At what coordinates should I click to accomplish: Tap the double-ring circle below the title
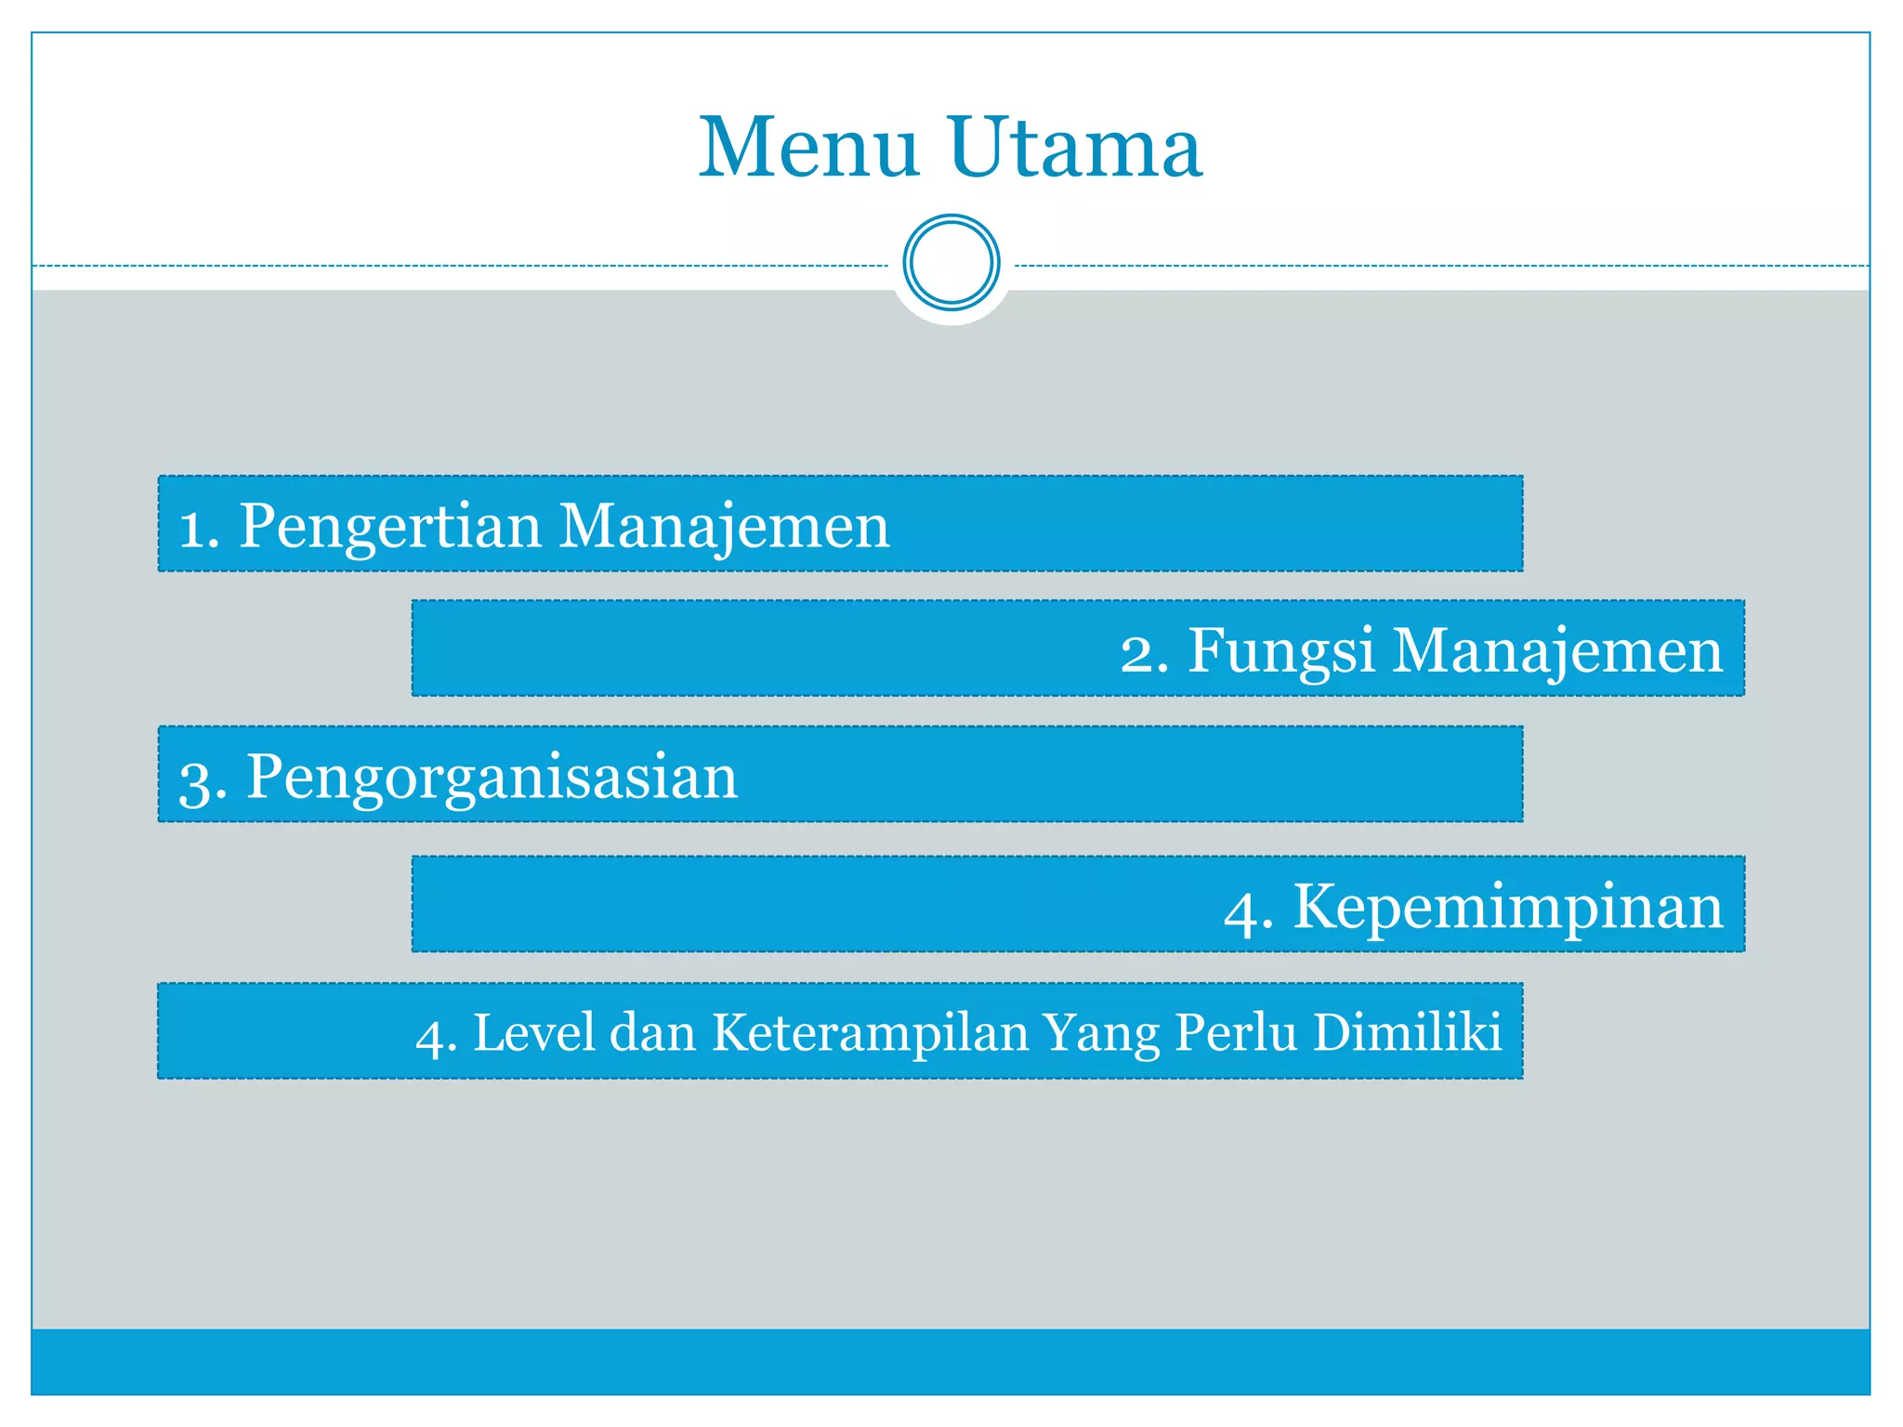click(x=951, y=263)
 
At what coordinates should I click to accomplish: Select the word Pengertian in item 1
click(x=390, y=527)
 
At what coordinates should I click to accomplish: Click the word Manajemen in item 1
click(x=724, y=527)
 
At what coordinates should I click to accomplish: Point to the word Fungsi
click(x=1281, y=650)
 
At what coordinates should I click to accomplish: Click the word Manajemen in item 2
click(x=1557, y=650)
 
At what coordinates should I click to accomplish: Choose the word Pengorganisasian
click(x=492, y=778)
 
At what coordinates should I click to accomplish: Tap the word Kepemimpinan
click(x=1508, y=907)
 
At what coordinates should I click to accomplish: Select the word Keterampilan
click(x=870, y=1033)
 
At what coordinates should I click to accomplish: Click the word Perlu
click(x=1236, y=1032)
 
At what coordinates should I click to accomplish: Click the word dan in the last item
click(x=652, y=1032)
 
